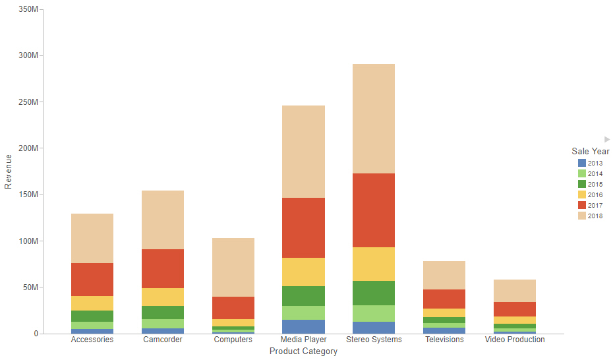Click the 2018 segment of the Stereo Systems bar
[x=370, y=119]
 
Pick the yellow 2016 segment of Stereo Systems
[x=370, y=264]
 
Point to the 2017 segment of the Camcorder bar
[x=163, y=268]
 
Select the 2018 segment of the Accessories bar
[x=92, y=238]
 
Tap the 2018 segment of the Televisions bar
[x=444, y=275]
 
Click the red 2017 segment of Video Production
[x=515, y=309]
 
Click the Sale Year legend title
[x=590, y=152]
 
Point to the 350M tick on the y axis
[x=28, y=9]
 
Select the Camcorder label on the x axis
[x=163, y=340]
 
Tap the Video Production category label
[x=515, y=340]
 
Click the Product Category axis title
[x=303, y=351]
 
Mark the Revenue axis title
[x=9, y=171]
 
